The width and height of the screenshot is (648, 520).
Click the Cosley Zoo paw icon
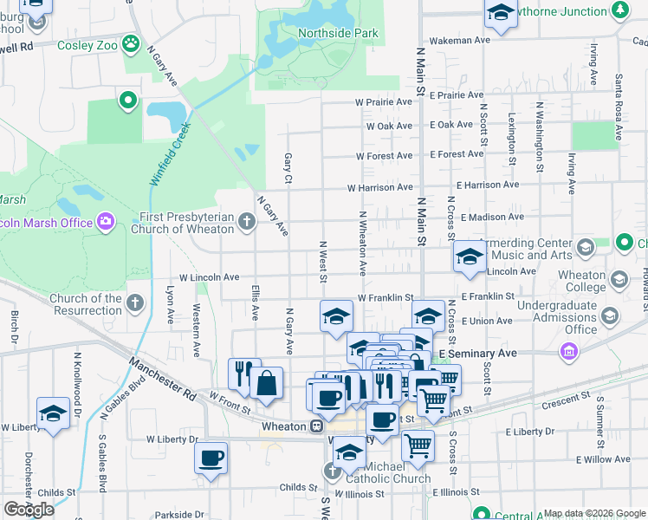click(131, 42)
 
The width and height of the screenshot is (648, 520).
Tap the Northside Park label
click(338, 34)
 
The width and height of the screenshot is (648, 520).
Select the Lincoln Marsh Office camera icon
click(106, 222)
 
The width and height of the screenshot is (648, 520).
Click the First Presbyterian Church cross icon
click(246, 223)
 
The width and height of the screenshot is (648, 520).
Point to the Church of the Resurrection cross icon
click(134, 303)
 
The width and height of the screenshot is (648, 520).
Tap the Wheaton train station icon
click(318, 426)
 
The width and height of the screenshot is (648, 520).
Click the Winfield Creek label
click(169, 155)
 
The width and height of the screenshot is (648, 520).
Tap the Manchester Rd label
click(162, 379)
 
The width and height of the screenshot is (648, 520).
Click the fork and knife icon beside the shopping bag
click(243, 373)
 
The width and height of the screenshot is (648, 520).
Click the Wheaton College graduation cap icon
click(619, 279)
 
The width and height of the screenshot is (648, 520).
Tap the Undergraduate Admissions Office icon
click(611, 315)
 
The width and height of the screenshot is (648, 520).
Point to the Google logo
click(29, 510)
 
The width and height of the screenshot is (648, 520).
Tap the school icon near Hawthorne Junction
click(500, 13)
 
